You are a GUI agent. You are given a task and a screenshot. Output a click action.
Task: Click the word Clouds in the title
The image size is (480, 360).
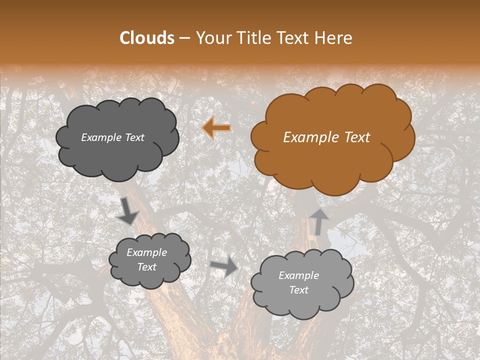(x=147, y=38)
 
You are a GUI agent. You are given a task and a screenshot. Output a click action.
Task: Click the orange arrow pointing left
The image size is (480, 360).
(x=217, y=128)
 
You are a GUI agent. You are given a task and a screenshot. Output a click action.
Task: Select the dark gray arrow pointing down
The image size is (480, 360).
(x=127, y=212)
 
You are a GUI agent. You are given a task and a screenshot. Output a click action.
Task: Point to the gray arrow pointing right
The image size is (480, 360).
(x=224, y=267)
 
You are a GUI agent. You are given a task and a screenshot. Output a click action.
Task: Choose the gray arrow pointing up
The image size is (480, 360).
(x=318, y=221)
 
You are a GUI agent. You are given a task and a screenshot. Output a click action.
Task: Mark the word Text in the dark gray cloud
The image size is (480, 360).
(x=134, y=137)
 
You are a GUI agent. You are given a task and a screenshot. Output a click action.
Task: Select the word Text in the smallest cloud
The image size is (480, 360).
(x=147, y=267)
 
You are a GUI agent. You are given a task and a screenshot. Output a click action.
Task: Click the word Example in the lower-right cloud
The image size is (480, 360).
(x=298, y=275)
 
